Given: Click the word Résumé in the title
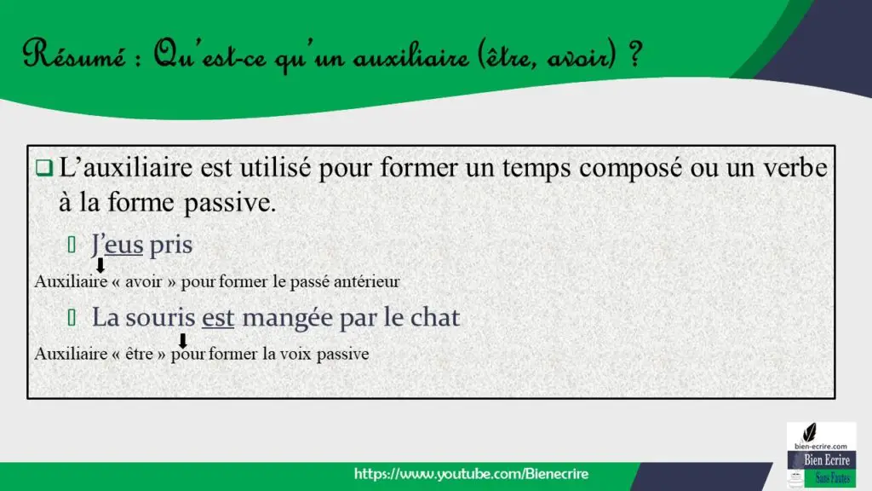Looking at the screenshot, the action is (x=75, y=55).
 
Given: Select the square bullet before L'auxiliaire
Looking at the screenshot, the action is (x=44, y=168).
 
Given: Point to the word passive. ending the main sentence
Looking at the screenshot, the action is (x=230, y=203).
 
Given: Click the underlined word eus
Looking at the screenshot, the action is (x=124, y=245).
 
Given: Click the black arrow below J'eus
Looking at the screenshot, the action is (x=100, y=266).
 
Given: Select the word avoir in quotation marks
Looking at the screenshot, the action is (x=143, y=281).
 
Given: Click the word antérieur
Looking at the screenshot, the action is (x=366, y=281).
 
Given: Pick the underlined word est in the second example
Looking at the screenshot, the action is (x=217, y=318).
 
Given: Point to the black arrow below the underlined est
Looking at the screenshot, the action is (x=182, y=341).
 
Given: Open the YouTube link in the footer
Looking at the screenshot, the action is (x=471, y=474).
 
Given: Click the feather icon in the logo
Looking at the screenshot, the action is (x=811, y=432).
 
